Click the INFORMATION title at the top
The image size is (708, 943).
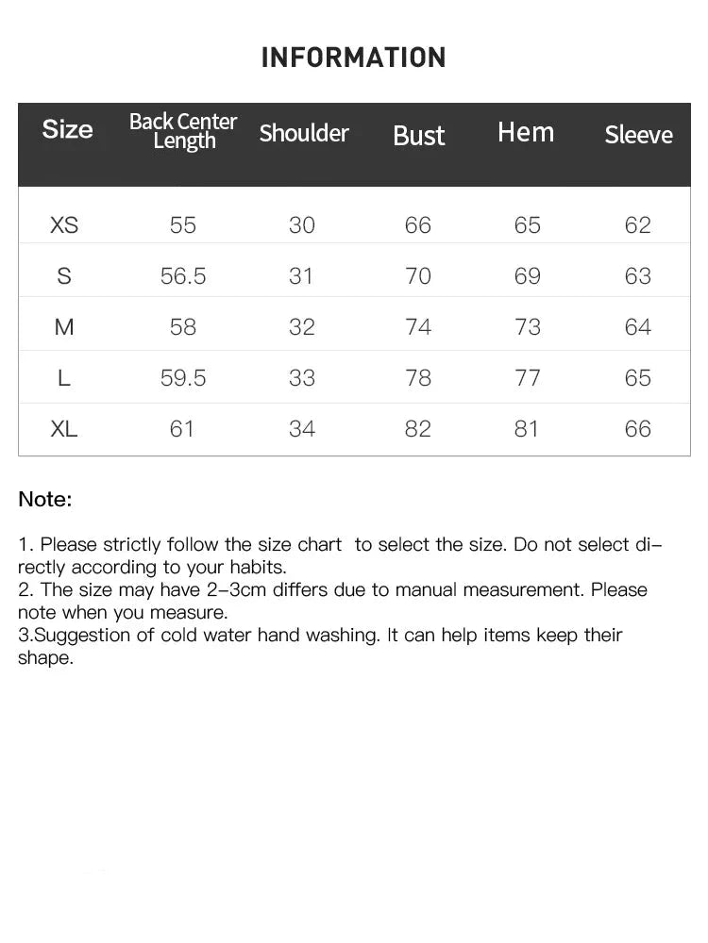click(x=353, y=58)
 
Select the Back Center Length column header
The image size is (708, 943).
click(x=183, y=131)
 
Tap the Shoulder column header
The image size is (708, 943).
click(x=304, y=133)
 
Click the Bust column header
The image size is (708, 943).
click(x=418, y=136)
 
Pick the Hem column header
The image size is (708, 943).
click(x=526, y=132)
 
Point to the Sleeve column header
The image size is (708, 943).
click(x=638, y=135)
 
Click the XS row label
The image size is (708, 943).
click(x=64, y=225)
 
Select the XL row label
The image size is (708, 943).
click(x=64, y=429)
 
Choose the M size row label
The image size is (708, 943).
click(x=64, y=327)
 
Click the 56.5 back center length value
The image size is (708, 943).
click(x=183, y=276)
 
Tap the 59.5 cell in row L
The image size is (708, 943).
click(x=183, y=378)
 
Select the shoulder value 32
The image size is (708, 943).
click(x=302, y=327)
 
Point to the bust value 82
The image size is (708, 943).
click(x=417, y=429)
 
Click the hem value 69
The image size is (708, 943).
click(x=527, y=276)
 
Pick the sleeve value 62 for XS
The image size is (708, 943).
click(x=638, y=225)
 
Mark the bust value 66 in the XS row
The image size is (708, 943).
click(x=417, y=225)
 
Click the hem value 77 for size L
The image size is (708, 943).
click(x=527, y=378)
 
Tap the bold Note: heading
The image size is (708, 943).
click(x=44, y=500)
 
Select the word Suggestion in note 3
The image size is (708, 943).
click(x=81, y=636)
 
